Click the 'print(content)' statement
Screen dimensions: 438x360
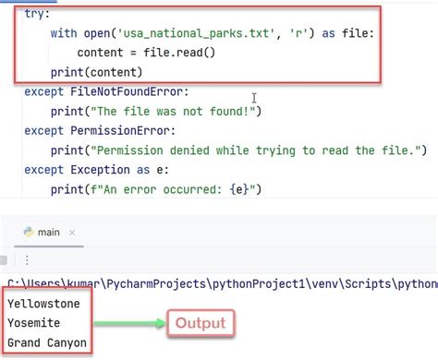tap(98, 71)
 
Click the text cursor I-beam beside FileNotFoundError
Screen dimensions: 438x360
tap(252, 97)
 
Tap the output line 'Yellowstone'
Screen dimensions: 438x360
tap(44, 303)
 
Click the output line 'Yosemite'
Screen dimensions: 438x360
tap(35, 323)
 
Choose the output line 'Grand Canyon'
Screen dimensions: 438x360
tap(47, 343)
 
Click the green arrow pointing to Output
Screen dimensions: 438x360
tap(130, 324)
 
